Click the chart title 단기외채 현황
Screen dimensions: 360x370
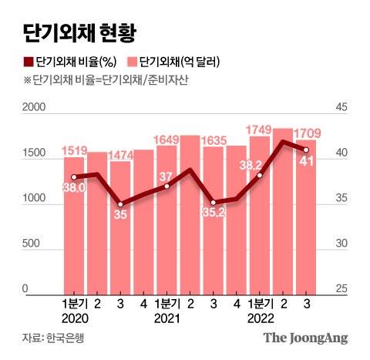(77, 32)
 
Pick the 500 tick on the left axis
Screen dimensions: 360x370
(39, 244)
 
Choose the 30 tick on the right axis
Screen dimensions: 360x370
(340, 244)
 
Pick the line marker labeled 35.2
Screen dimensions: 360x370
(214, 203)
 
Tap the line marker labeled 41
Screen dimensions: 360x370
(306, 150)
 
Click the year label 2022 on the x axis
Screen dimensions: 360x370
(260, 318)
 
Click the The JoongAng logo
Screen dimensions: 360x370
(306, 338)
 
